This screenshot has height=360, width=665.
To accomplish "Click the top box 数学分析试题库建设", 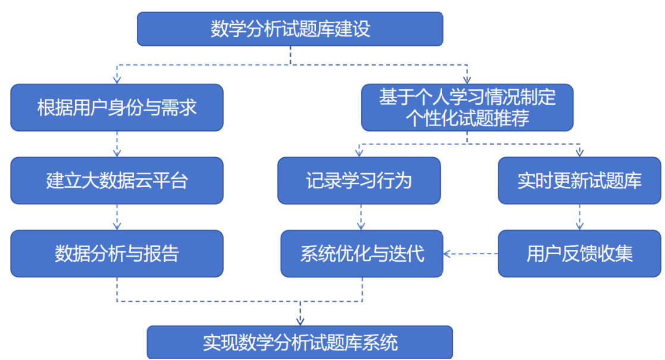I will click(x=290, y=29).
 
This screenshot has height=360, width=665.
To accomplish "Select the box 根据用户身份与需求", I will click(x=117, y=108).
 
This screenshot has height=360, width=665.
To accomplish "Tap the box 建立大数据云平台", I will click(x=117, y=181).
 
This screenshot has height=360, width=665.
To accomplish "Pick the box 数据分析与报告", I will click(x=117, y=253).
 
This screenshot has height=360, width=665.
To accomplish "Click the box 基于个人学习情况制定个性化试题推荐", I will click(x=467, y=107).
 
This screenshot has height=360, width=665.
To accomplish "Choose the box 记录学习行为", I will click(x=359, y=181).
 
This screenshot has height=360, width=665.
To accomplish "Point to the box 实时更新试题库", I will click(x=579, y=181).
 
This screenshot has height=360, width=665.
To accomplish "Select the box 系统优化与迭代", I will click(x=362, y=253).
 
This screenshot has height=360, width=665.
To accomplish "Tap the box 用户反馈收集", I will click(x=579, y=253).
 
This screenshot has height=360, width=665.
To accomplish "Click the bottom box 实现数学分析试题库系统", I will click(x=300, y=343).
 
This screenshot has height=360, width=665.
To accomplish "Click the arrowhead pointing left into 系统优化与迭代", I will click(x=447, y=254).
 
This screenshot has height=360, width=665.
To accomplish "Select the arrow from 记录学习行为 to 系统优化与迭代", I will click(x=360, y=217).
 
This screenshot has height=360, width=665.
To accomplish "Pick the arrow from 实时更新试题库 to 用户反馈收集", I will click(x=579, y=217).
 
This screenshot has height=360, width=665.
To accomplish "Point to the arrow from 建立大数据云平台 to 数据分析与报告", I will click(x=117, y=217).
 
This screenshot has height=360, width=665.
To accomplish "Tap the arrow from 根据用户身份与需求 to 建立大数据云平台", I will click(x=117, y=144).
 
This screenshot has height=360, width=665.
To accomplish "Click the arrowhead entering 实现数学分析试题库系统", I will click(x=300, y=321).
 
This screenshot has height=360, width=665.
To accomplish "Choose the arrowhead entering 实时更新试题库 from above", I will click(x=579, y=153).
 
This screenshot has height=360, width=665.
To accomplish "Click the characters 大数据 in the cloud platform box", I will click(x=107, y=181).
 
